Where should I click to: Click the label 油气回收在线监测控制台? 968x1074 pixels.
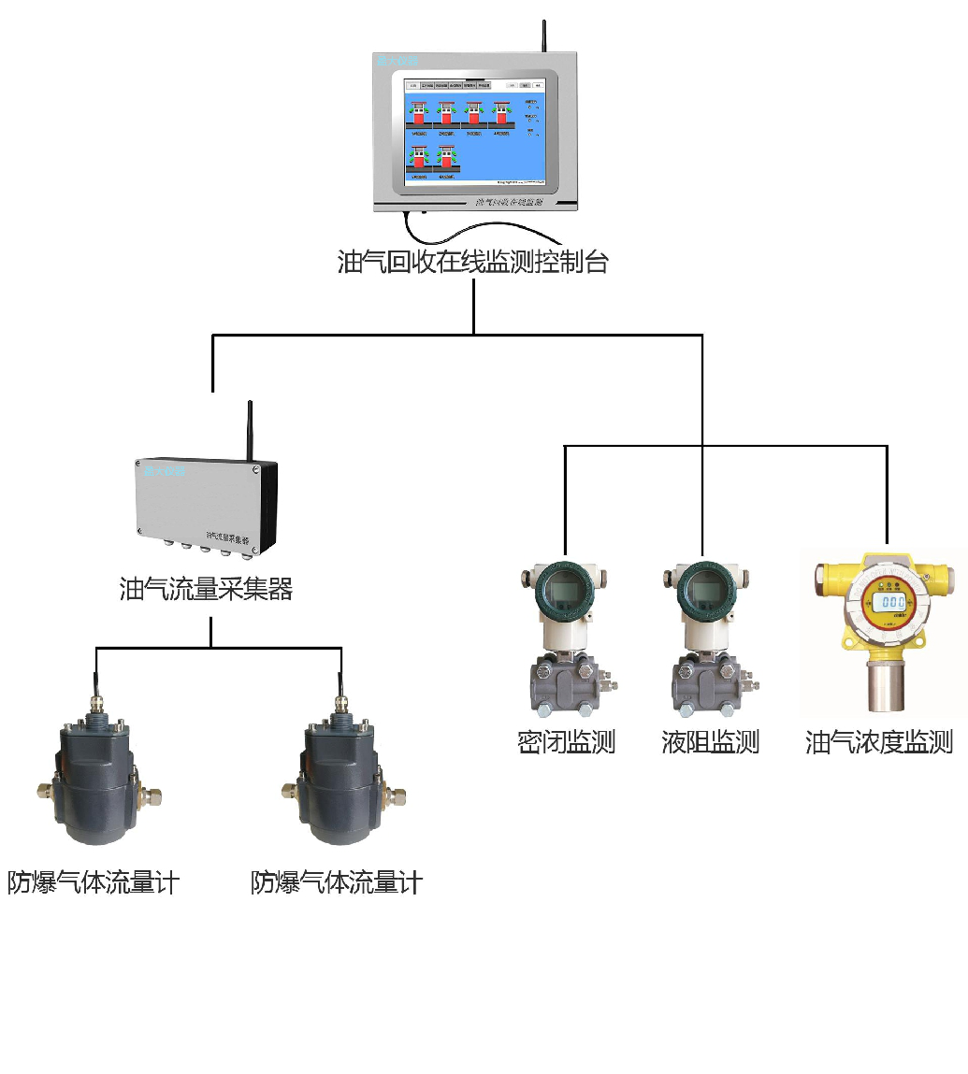click(472, 263)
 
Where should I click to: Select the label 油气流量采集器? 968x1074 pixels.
click(207, 589)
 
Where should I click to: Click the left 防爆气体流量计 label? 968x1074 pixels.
click(94, 882)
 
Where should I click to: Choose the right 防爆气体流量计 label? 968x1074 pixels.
click(337, 882)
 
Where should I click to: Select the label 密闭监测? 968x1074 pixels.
click(566, 743)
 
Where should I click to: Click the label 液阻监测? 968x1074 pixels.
click(710, 743)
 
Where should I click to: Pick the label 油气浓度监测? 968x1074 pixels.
click(879, 743)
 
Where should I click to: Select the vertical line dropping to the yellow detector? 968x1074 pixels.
click(887, 495)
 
